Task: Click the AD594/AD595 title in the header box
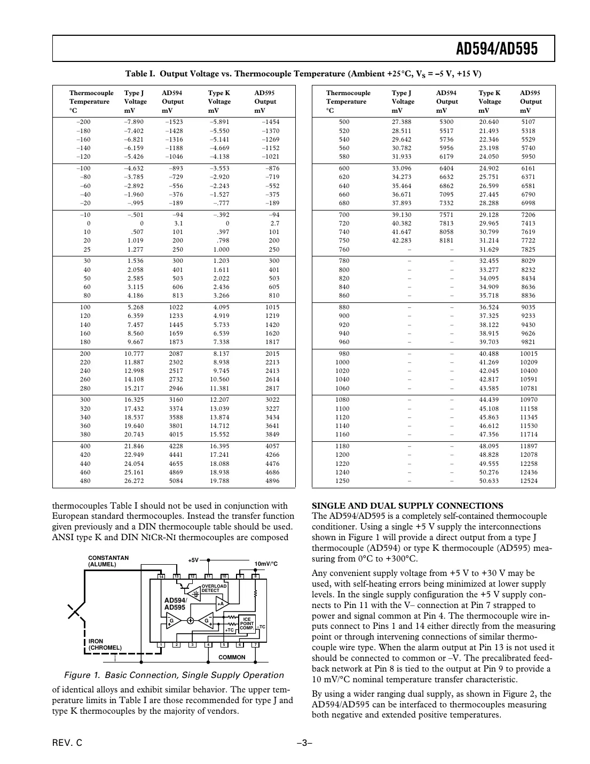497,49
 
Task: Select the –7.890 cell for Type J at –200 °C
134,122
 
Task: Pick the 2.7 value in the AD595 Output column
274,223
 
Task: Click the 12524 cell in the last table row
529,481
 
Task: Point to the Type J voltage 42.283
402,240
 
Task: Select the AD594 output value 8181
446,240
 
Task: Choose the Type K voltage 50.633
489,481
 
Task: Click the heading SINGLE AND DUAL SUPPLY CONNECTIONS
407,505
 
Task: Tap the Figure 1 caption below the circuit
174,675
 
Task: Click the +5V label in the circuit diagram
193,560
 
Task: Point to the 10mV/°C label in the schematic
266,564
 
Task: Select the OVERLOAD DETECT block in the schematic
214,588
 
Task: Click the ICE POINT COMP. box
247,623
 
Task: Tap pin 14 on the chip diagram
161,576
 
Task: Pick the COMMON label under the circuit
232,657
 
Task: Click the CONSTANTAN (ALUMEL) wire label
108,561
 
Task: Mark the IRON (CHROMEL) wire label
105,644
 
